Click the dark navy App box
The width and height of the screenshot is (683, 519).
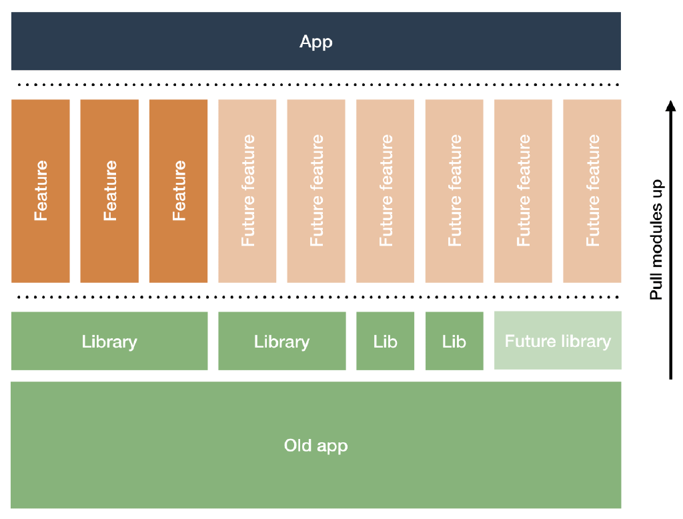coord(315,41)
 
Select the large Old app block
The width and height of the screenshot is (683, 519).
coord(315,445)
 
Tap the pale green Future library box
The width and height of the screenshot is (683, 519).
coord(558,341)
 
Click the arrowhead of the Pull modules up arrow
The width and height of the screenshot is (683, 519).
coord(671,105)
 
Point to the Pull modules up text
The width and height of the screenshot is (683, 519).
coord(657,239)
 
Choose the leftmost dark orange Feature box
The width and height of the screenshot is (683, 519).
coord(41,191)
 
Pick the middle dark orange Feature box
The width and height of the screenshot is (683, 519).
coord(109,191)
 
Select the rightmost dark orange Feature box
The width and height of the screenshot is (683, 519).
coord(178,191)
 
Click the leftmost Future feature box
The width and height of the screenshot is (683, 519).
coord(247,191)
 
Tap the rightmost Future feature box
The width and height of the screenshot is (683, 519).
coord(592,191)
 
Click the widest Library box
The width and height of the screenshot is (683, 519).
coord(109,341)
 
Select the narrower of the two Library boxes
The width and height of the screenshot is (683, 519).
coord(281,341)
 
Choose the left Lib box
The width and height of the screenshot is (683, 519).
coord(385,341)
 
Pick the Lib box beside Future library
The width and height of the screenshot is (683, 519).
coord(454,341)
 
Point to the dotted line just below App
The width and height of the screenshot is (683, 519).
coord(315,85)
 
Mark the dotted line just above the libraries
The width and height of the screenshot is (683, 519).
coord(315,298)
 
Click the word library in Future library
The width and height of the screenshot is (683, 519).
coord(585,342)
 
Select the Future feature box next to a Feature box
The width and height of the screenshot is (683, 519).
coord(247,191)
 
